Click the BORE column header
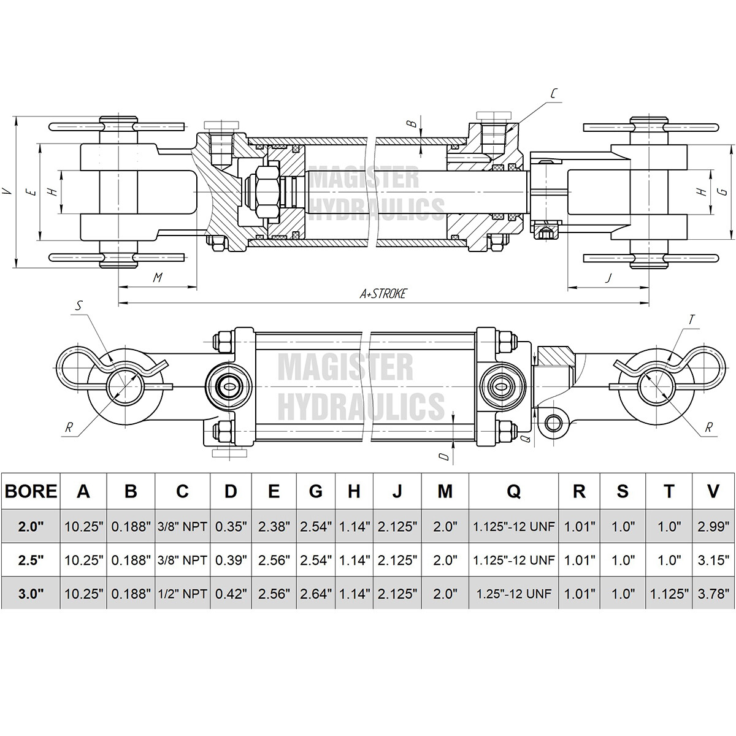pos(31,491)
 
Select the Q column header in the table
pos(513,491)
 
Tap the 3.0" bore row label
pos(31,593)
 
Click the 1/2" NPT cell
pos(182,593)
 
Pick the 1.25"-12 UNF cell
pos(513,593)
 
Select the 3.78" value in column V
pos(713,593)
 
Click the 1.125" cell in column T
pos(669,593)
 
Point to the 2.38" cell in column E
pos(274,526)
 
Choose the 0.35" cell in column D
pos(231,526)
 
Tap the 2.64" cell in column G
pos(315,593)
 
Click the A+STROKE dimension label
pos(383,294)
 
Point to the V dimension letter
pos(7,191)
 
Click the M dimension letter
pos(157,278)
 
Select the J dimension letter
pos(608,278)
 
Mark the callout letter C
pos(553,93)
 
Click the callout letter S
pos(80,305)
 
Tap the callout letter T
pos(691,319)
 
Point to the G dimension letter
pos(724,191)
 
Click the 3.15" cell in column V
pos(713,559)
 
